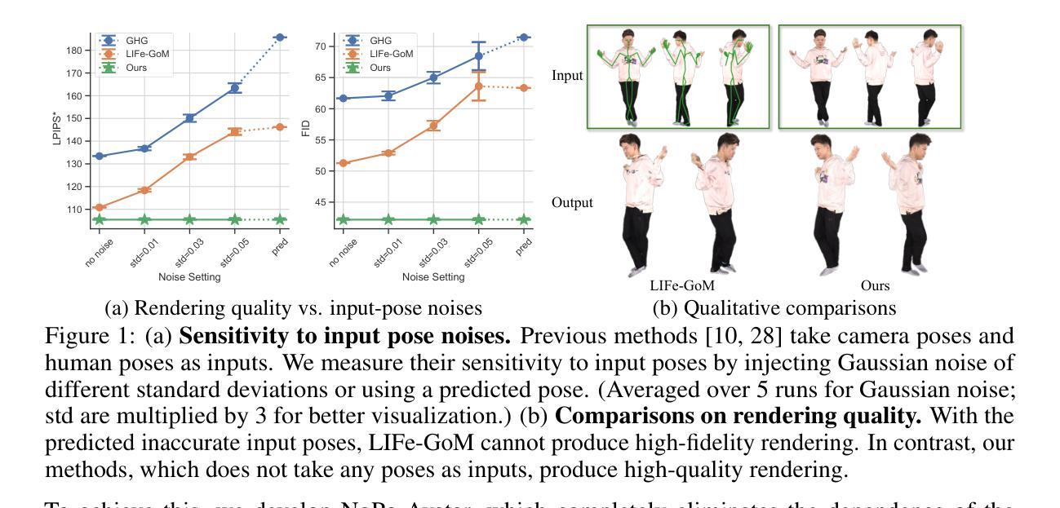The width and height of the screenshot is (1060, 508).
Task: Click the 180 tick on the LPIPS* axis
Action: click(x=75, y=51)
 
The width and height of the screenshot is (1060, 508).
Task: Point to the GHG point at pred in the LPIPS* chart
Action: click(x=280, y=37)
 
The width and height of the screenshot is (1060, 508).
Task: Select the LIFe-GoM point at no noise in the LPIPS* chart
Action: click(x=100, y=207)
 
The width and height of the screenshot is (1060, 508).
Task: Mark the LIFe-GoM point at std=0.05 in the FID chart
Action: click(x=479, y=86)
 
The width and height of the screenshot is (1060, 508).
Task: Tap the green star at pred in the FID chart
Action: click(x=525, y=219)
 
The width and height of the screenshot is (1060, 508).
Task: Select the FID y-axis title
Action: click(x=307, y=130)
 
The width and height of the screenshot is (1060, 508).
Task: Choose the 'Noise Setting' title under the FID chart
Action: click(x=433, y=277)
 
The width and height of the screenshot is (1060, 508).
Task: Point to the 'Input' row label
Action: click(x=567, y=76)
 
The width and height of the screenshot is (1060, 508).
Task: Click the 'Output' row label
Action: click(x=572, y=202)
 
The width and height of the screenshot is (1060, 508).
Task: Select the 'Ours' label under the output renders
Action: click(x=875, y=286)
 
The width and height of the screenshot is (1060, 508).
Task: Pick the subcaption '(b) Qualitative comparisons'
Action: click(x=774, y=309)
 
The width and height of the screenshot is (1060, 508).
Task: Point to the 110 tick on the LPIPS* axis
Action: click(x=75, y=210)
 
